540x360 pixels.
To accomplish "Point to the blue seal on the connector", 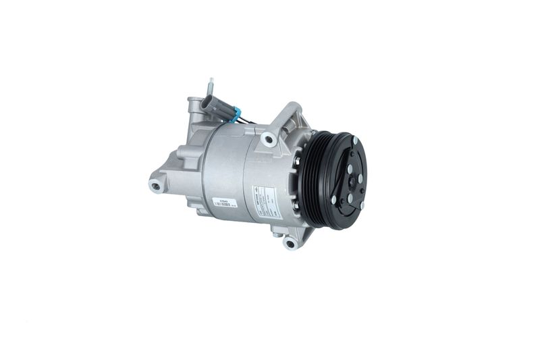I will tap(236, 116).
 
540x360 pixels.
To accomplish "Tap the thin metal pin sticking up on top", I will tap(211, 86).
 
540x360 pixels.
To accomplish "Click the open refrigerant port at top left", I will tap(194, 106).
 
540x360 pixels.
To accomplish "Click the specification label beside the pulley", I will tap(264, 201).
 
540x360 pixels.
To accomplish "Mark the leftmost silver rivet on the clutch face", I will tap(334, 200).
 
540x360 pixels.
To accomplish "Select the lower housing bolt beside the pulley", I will tap(296, 205).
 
